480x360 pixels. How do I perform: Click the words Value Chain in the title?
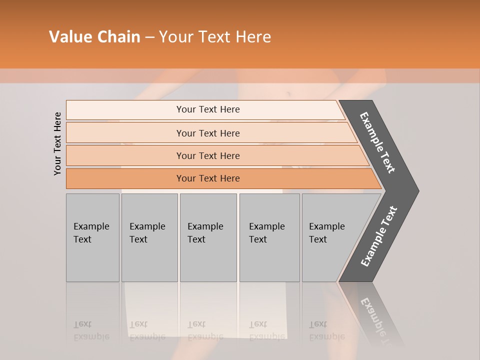[x=94, y=37]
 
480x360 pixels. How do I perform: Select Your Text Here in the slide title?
[x=215, y=37]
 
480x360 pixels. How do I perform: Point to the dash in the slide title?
[x=149, y=37]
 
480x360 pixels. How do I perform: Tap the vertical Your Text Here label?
[x=57, y=143]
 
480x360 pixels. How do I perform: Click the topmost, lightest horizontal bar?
[x=207, y=109]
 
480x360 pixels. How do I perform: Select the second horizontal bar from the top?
[x=207, y=133]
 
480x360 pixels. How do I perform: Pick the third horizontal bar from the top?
[x=207, y=155]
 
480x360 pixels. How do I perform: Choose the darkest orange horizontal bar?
[x=207, y=178]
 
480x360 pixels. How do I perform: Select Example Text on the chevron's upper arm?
[x=377, y=142]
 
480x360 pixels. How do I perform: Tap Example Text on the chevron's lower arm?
[x=379, y=236]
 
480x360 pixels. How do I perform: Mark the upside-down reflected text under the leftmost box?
[x=91, y=330]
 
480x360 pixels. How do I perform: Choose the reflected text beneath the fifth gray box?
[x=326, y=330]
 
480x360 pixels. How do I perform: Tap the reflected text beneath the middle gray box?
[x=205, y=330]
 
